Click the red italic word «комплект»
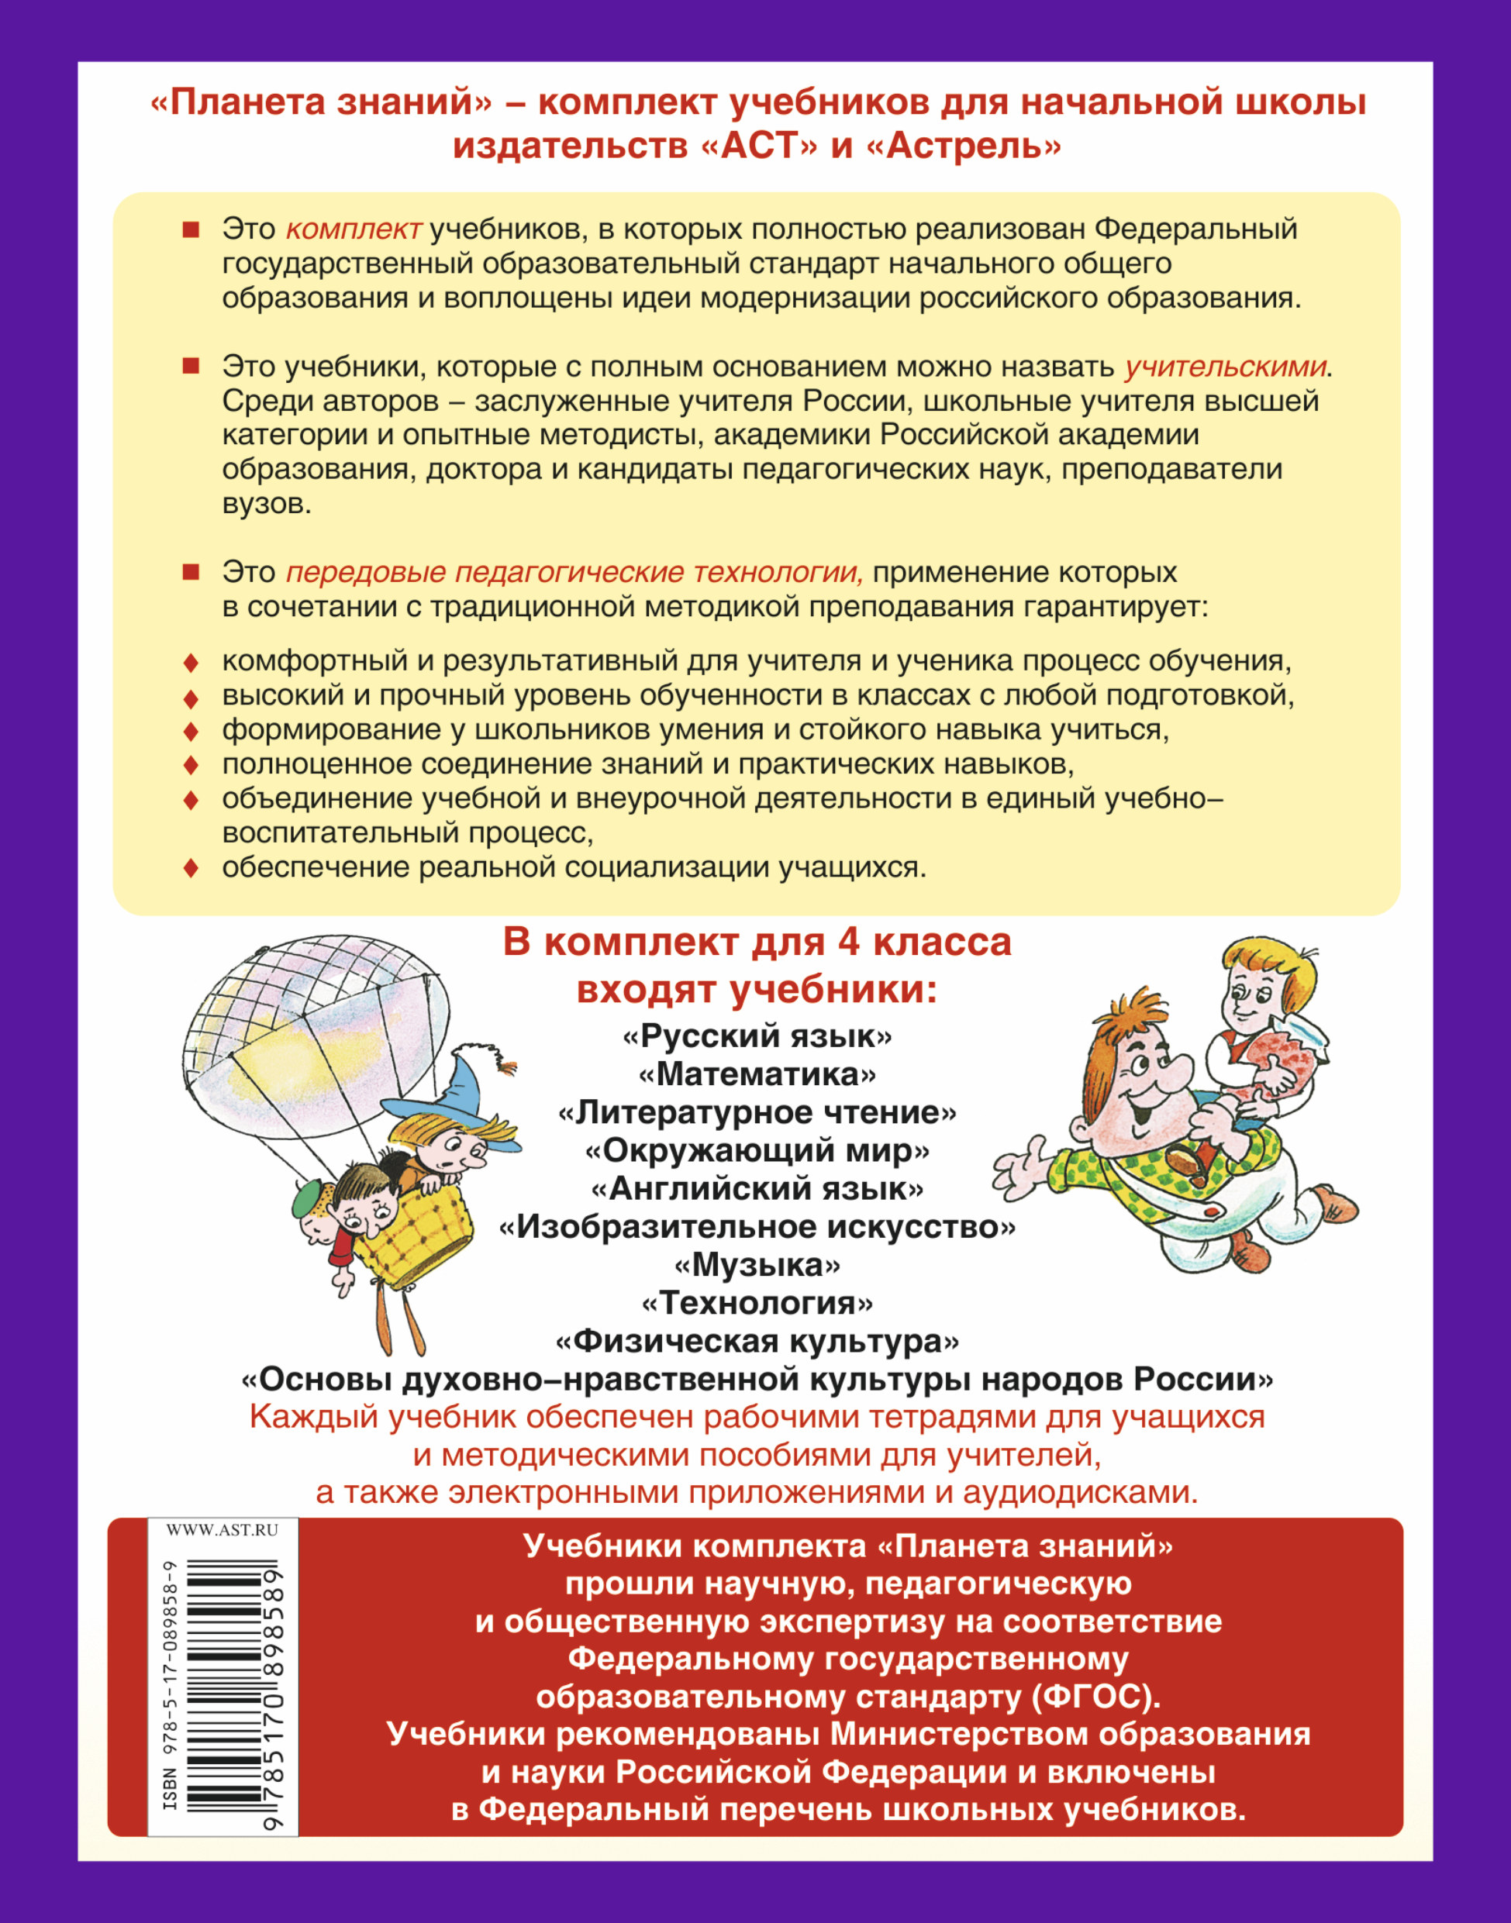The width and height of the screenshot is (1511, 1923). tap(353, 229)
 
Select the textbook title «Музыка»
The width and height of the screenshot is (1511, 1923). tap(757, 1265)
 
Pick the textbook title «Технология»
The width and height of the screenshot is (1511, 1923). tap(757, 1303)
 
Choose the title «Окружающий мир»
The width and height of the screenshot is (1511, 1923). tap(757, 1150)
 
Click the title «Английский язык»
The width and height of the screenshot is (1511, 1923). tap(757, 1188)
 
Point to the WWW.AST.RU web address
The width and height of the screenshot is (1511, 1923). tap(222, 1530)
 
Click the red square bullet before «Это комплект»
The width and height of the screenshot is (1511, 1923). tap(190, 229)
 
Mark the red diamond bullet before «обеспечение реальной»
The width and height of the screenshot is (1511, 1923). tap(190, 868)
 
